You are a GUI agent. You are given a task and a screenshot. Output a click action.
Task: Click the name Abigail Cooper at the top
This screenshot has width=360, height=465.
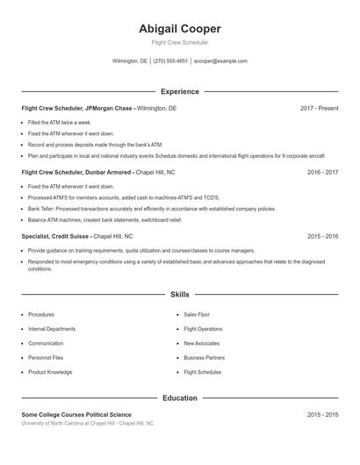(180, 28)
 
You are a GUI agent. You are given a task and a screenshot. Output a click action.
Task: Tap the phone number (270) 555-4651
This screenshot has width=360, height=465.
(170, 61)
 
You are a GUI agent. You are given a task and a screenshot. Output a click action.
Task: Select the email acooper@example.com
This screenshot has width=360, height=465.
(220, 61)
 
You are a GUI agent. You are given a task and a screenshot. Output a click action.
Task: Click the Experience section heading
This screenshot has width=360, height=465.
(180, 91)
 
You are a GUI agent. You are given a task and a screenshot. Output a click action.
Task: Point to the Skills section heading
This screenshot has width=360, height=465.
(180, 296)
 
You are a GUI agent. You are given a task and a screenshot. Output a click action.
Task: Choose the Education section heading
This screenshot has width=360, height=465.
(180, 397)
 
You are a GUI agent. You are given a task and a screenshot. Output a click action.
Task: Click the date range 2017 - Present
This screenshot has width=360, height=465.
(319, 108)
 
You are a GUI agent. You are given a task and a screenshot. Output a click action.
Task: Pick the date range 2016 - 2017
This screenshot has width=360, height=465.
(322, 172)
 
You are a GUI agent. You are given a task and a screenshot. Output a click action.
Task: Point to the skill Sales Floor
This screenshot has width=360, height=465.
(197, 314)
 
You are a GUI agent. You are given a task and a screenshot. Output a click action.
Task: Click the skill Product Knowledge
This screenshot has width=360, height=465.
(50, 372)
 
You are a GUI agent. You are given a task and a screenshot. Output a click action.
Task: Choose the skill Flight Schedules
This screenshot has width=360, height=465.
(202, 372)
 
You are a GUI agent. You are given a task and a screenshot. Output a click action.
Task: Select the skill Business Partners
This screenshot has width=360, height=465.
(204, 358)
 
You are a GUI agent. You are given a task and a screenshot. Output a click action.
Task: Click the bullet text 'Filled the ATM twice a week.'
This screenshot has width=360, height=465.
(60, 122)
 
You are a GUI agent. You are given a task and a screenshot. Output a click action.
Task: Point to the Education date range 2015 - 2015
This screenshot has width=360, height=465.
(322, 414)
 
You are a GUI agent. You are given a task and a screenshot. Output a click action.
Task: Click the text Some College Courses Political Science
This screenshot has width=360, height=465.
(76, 414)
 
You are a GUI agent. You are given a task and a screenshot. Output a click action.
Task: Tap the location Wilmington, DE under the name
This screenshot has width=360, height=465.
(130, 61)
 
